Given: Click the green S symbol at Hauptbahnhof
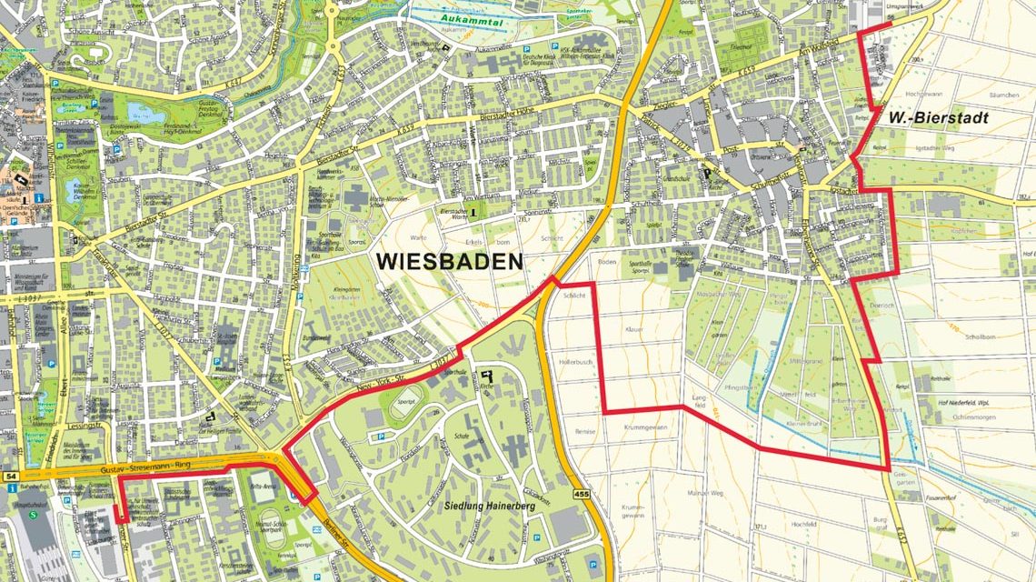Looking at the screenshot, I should (35, 514).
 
